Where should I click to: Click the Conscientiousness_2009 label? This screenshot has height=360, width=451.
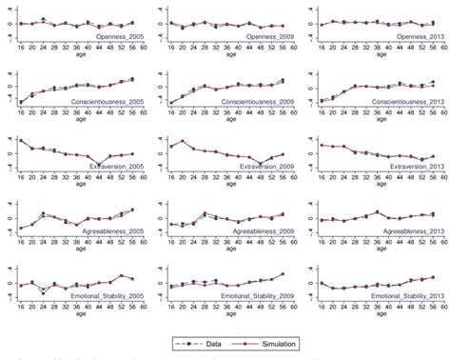coord(254,99)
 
